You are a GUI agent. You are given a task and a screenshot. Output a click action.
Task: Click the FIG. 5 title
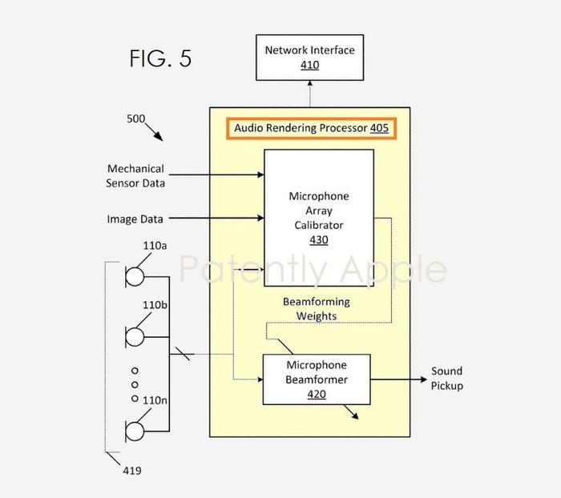pyautogui.click(x=160, y=58)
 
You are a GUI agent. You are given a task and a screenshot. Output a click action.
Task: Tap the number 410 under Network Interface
pyautogui.click(x=310, y=65)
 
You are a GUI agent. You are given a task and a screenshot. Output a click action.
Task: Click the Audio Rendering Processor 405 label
pyautogui.click(x=311, y=128)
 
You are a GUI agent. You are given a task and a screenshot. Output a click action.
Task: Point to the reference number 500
pyautogui.click(x=136, y=118)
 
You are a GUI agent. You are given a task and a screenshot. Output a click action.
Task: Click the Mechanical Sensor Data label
pyautogui.click(x=135, y=176)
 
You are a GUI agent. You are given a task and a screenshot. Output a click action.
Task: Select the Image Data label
pyautogui.click(x=135, y=219)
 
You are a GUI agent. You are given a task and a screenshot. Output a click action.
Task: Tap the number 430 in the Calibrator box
pyautogui.click(x=319, y=239)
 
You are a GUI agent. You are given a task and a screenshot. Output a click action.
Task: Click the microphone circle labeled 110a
pyautogui.click(x=135, y=277)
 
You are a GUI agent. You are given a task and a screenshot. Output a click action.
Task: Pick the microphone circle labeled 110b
pyautogui.click(x=135, y=337)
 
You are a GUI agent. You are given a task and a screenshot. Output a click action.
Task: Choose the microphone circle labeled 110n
pyautogui.click(x=135, y=432)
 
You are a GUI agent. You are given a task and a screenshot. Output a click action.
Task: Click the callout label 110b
pyautogui.click(x=155, y=305)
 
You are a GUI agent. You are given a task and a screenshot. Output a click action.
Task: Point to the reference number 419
pyautogui.click(x=132, y=471)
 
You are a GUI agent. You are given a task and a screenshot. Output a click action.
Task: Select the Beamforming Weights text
pyautogui.click(x=317, y=309)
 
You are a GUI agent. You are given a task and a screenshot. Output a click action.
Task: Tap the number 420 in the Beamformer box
pyautogui.click(x=317, y=394)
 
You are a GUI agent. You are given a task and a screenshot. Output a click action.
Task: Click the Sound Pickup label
pyautogui.click(x=447, y=378)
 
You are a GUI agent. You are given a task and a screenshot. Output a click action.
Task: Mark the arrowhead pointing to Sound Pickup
pyautogui.click(x=424, y=380)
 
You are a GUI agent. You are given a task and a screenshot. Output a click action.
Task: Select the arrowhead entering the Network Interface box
pyautogui.click(x=310, y=83)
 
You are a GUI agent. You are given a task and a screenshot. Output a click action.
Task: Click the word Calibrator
pyautogui.click(x=319, y=225)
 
